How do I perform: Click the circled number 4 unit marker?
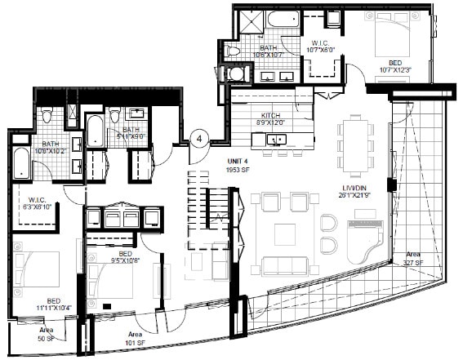[198, 140]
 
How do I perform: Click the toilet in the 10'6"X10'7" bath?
[232, 51]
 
